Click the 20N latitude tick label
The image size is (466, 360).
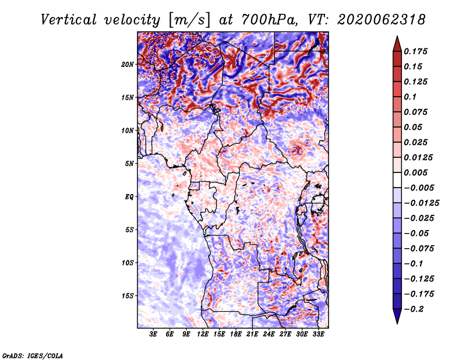coord(128,65)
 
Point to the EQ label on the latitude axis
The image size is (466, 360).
coord(129,197)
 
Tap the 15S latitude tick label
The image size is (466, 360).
coord(128,296)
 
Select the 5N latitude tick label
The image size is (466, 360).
coord(129,164)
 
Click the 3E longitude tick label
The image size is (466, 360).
coord(153,334)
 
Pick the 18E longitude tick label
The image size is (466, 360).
coord(236,334)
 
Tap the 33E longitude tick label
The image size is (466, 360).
coord(318,334)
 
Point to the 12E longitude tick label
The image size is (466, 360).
coord(203,334)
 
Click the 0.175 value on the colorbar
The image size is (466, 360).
coord(415,51)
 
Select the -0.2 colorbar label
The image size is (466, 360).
coord(414,309)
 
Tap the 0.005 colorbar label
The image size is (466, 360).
coord(415,172)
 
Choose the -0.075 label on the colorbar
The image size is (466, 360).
coord(419,249)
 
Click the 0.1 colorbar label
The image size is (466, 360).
coord(410,97)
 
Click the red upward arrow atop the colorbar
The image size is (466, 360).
coord(397,44)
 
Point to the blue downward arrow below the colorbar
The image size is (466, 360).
coord(397,316)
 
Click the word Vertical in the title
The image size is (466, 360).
coord(68,20)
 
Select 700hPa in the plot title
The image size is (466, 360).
coord(270,20)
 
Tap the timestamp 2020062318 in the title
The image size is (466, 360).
coord(381,20)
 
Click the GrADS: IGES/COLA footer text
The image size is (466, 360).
coord(33,356)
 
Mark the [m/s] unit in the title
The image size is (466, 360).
coord(189,20)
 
